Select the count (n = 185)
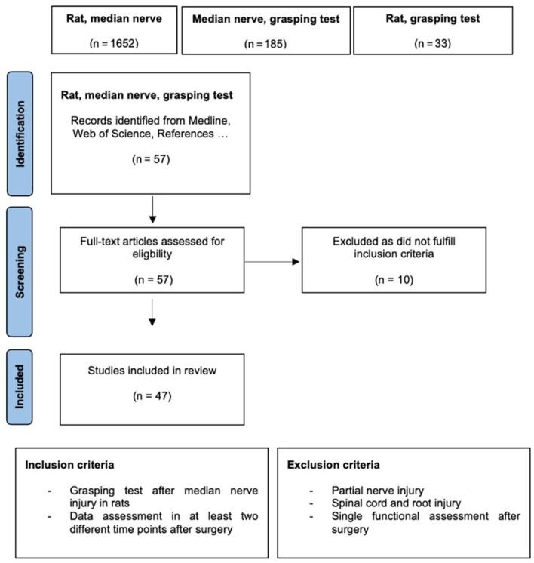tap(265, 44)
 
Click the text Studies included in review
tap(152, 370)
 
